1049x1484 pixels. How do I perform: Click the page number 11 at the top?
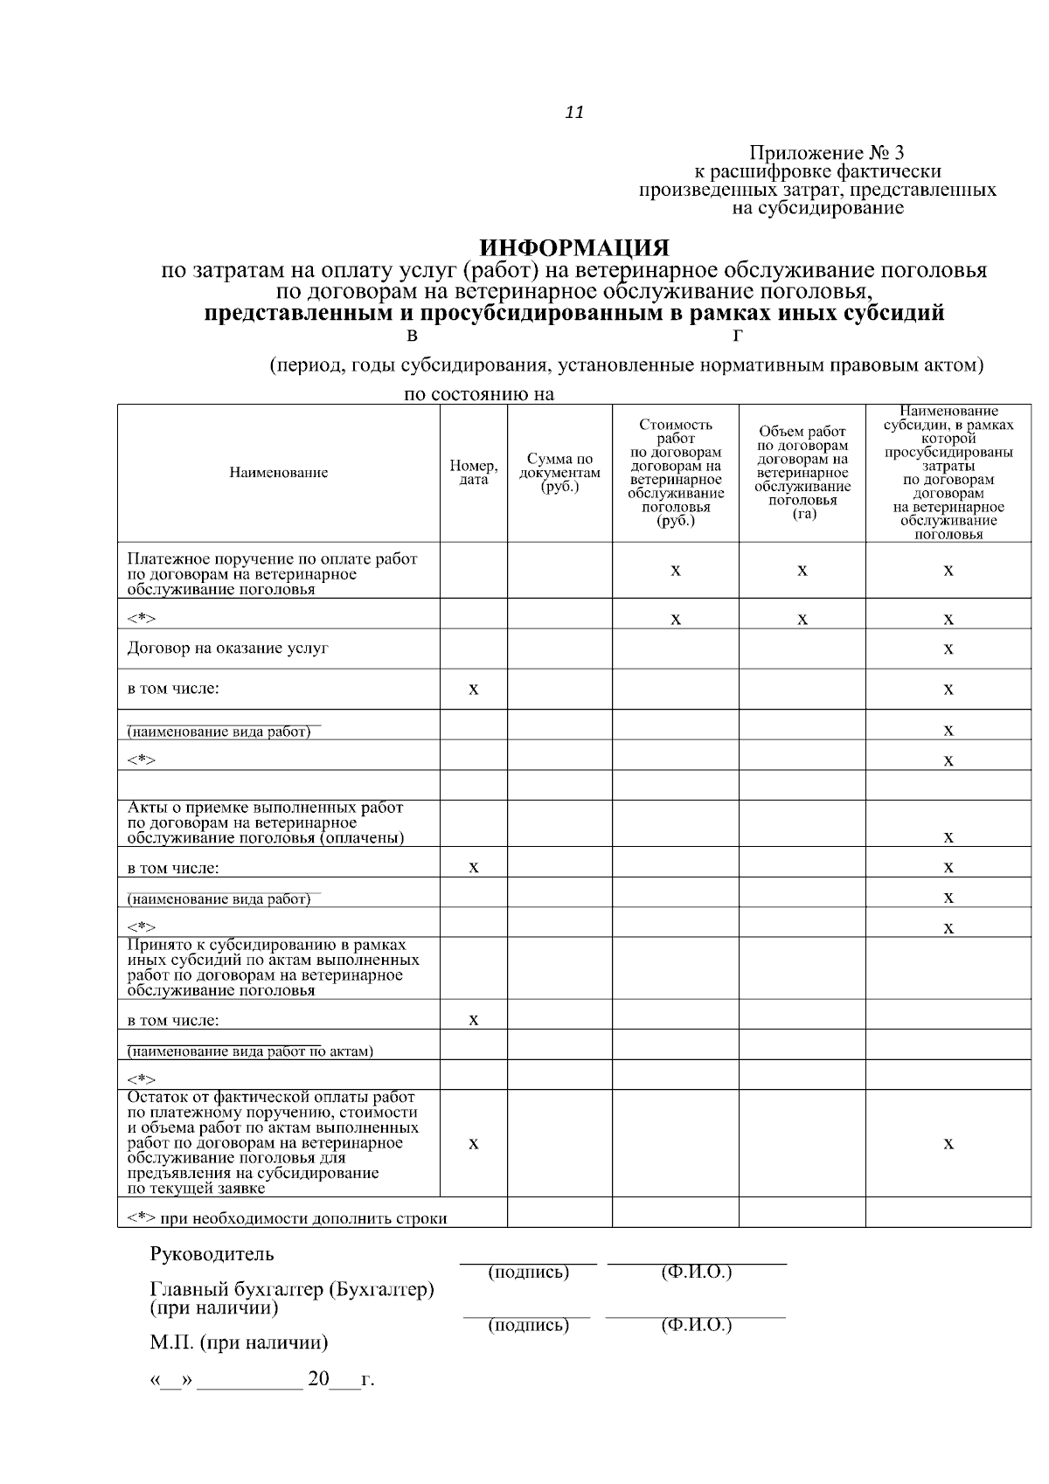point(574,113)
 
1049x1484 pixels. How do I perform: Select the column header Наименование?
point(279,473)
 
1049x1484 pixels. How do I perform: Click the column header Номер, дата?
point(473,473)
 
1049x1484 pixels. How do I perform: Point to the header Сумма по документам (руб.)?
point(559,473)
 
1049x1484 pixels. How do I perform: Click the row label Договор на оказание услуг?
point(228,648)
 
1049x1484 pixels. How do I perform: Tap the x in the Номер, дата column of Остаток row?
point(473,1144)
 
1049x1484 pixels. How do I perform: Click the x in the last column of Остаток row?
point(948,1144)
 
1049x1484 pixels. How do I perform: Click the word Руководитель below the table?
point(212,1254)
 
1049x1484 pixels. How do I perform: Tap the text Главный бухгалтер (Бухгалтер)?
point(292,1290)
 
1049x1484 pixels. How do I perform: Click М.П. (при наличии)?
point(240,1342)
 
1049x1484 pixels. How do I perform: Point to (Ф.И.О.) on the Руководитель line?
point(697,1272)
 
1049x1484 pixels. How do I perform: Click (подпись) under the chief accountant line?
point(528,1326)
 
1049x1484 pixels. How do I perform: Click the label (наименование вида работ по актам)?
point(250,1051)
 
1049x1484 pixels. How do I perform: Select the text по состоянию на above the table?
point(479,394)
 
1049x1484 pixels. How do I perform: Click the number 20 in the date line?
point(318,1380)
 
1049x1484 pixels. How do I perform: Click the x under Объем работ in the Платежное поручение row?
point(802,571)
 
